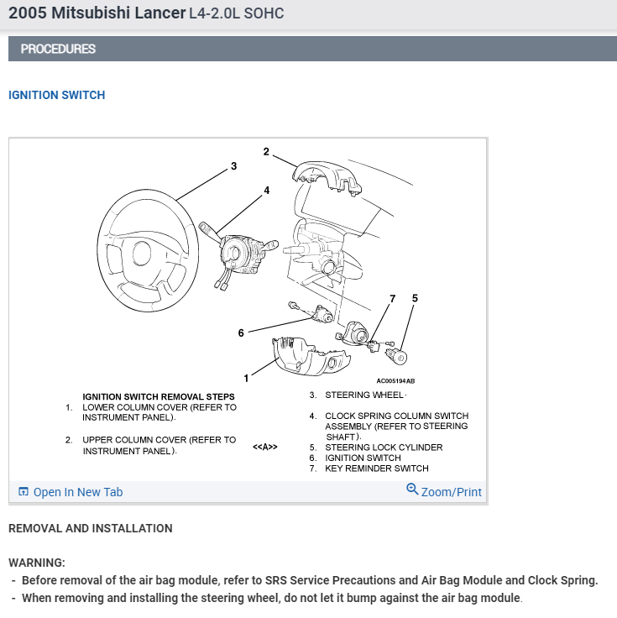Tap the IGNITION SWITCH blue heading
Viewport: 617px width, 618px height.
[x=56, y=95]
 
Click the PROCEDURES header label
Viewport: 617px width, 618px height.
[x=58, y=49]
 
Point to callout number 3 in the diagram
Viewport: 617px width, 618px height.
[x=233, y=166]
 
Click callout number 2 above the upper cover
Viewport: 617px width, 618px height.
[x=266, y=152]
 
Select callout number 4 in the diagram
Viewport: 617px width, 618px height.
[x=267, y=191]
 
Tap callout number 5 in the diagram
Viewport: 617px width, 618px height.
[x=415, y=298]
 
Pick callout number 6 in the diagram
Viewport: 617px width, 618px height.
[x=241, y=333]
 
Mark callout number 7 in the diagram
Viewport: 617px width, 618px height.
[x=392, y=299]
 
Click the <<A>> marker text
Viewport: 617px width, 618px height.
[x=264, y=447]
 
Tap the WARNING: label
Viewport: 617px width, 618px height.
[x=37, y=563]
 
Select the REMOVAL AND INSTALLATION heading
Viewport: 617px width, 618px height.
[x=90, y=528]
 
